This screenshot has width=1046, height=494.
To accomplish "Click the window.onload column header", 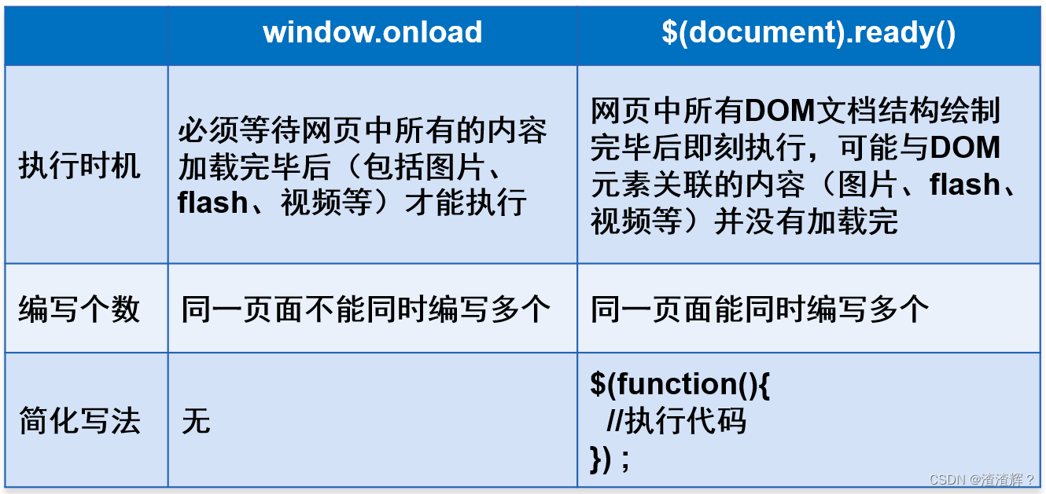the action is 372,32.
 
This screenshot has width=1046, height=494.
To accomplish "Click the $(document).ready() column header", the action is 808,33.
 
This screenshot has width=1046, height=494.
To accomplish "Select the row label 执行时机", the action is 79,166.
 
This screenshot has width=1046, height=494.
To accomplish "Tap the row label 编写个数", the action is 79,309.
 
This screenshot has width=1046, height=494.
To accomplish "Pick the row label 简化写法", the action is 79,421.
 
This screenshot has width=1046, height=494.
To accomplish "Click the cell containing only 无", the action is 196,421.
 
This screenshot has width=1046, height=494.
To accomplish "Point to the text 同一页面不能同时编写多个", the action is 366,309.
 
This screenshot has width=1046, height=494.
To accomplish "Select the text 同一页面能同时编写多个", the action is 760,309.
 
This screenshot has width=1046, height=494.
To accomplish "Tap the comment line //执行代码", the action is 676,421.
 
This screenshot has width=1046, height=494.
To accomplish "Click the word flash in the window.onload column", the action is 212,203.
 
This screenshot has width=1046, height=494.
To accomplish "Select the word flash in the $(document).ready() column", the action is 965,185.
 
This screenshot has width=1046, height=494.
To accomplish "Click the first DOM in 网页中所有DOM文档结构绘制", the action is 780,111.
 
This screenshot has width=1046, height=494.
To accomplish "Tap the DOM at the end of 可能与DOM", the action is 965,148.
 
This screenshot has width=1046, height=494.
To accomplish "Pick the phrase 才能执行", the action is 466,203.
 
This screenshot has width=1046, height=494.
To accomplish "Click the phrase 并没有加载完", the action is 806,221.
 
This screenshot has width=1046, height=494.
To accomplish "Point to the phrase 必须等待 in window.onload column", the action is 239,130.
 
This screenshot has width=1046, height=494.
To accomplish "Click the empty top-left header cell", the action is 87,35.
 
